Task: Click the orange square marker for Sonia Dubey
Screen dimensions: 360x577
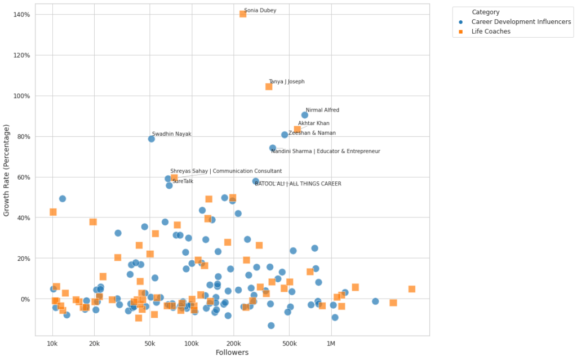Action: point(243,14)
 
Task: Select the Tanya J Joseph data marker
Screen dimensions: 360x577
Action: point(269,87)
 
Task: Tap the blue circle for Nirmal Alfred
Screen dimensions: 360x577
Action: point(305,115)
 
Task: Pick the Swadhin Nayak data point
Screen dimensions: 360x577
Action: point(152,139)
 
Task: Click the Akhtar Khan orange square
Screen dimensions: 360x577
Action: point(298,130)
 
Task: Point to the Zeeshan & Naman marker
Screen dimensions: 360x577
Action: point(285,135)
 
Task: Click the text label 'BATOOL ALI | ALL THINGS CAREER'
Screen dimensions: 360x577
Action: point(298,184)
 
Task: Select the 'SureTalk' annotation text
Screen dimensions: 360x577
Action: point(183,181)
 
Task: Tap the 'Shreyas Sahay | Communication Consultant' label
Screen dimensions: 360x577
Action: point(226,171)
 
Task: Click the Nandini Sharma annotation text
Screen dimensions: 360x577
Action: point(326,151)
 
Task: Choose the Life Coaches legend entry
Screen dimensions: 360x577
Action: point(491,32)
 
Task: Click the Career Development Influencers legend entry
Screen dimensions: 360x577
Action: point(521,22)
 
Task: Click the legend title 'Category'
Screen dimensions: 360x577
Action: point(485,12)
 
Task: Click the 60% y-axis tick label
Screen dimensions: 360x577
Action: point(23,177)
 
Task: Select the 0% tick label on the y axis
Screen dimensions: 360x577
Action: point(25,299)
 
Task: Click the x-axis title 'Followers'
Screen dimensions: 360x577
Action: point(232,353)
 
